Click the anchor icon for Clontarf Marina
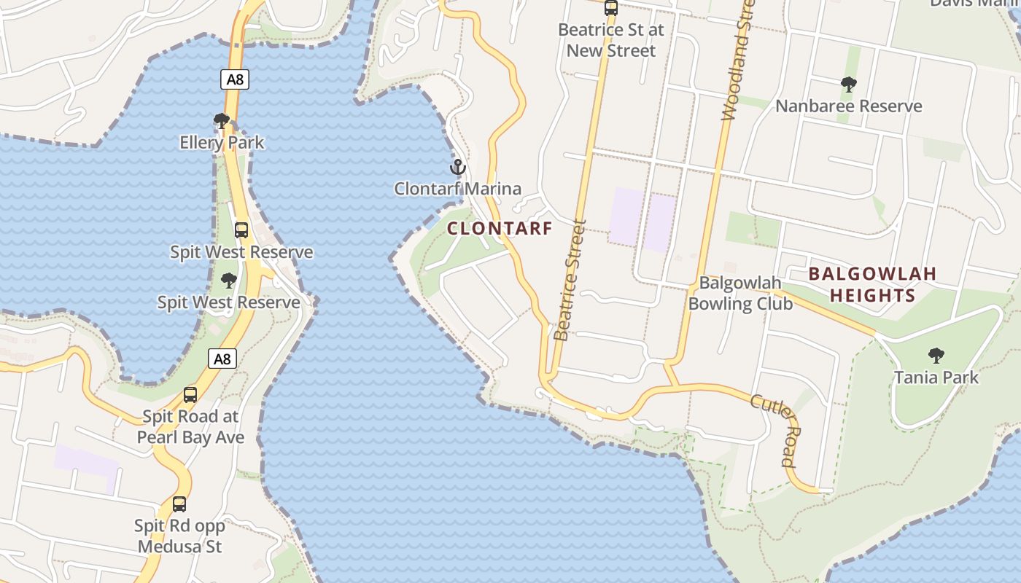pyautogui.click(x=457, y=168)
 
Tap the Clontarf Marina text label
pyautogui.click(x=458, y=189)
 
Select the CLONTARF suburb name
pyautogui.click(x=500, y=228)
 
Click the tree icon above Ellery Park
pyautogui.click(x=222, y=121)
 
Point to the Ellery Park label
pyautogui.click(x=222, y=142)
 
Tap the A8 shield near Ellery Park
pyautogui.click(x=235, y=79)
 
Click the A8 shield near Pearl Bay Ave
pyautogui.click(x=222, y=358)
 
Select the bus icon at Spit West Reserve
pyautogui.click(x=241, y=230)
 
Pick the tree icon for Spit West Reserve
pyautogui.click(x=229, y=281)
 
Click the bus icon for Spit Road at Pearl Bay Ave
pyautogui.click(x=190, y=395)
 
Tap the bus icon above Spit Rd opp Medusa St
pyautogui.click(x=179, y=504)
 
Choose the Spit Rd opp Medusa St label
pyautogui.click(x=179, y=536)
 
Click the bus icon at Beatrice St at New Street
pyautogui.click(x=611, y=9)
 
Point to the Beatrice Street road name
pyautogui.click(x=570, y=281)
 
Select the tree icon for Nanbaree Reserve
pyautogui.click(x=848, y=85)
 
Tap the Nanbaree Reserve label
pyautogui.click(x=848, y=106)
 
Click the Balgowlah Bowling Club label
pyautogui.click(x=739, y=293)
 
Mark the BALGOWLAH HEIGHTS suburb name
pyautogui.click(x=872, y=284)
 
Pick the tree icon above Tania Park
pyautogui.click(x=936, y=356)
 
